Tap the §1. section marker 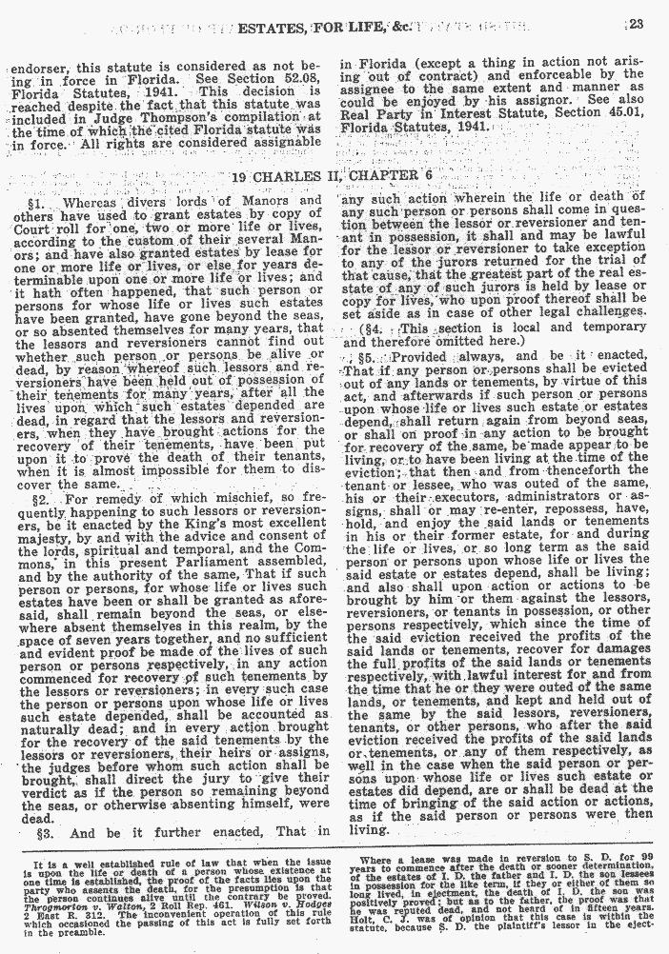pos(39,201)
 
